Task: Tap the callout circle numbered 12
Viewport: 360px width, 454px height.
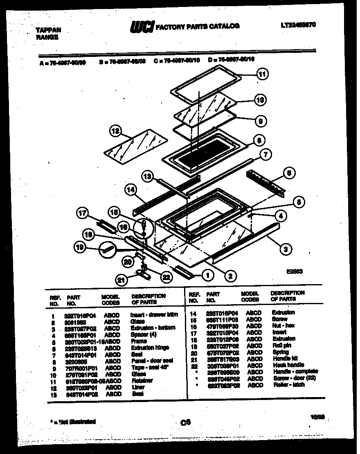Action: tap(116, 131)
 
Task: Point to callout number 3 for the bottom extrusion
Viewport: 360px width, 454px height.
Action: tap(283, 247)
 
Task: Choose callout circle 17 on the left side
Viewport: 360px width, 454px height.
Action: tap(82, 213)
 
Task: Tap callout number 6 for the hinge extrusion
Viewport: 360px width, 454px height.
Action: tap(288, 173)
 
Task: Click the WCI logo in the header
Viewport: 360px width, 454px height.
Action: tap(141, 27)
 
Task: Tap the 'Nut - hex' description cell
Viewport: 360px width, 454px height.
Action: tap(283, 325)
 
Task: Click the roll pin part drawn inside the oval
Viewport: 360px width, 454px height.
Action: tap(107, 249)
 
